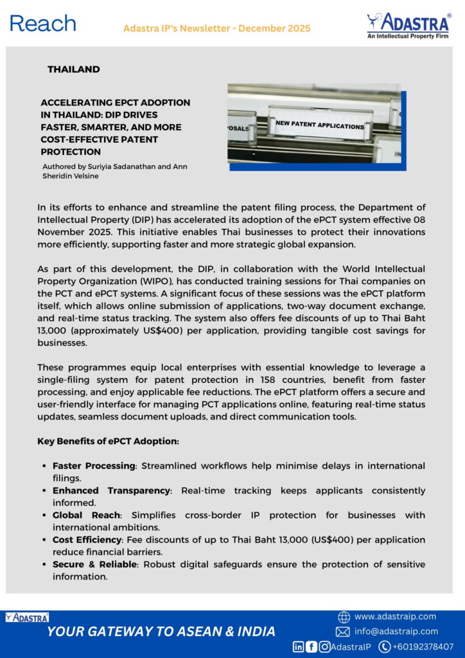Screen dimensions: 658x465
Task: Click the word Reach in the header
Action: click(42, 24)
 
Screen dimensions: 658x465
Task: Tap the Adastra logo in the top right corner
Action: click(408, 26)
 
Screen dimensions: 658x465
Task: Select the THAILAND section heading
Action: click(73, 69)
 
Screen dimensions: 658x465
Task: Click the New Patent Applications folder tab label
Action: click(319, 125)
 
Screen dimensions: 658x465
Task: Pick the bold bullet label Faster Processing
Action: click(94, 465)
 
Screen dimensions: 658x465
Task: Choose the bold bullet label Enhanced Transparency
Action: click(111, 490)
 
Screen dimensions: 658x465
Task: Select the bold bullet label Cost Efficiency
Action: click(87, 540)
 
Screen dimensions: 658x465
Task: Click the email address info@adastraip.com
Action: click(396, 631)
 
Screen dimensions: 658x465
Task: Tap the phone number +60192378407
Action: click(424, 646)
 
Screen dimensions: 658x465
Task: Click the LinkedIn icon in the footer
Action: click(299, 646)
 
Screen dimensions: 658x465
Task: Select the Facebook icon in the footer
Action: click(311, 646)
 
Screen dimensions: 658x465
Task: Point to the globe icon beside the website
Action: click(344, 617)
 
